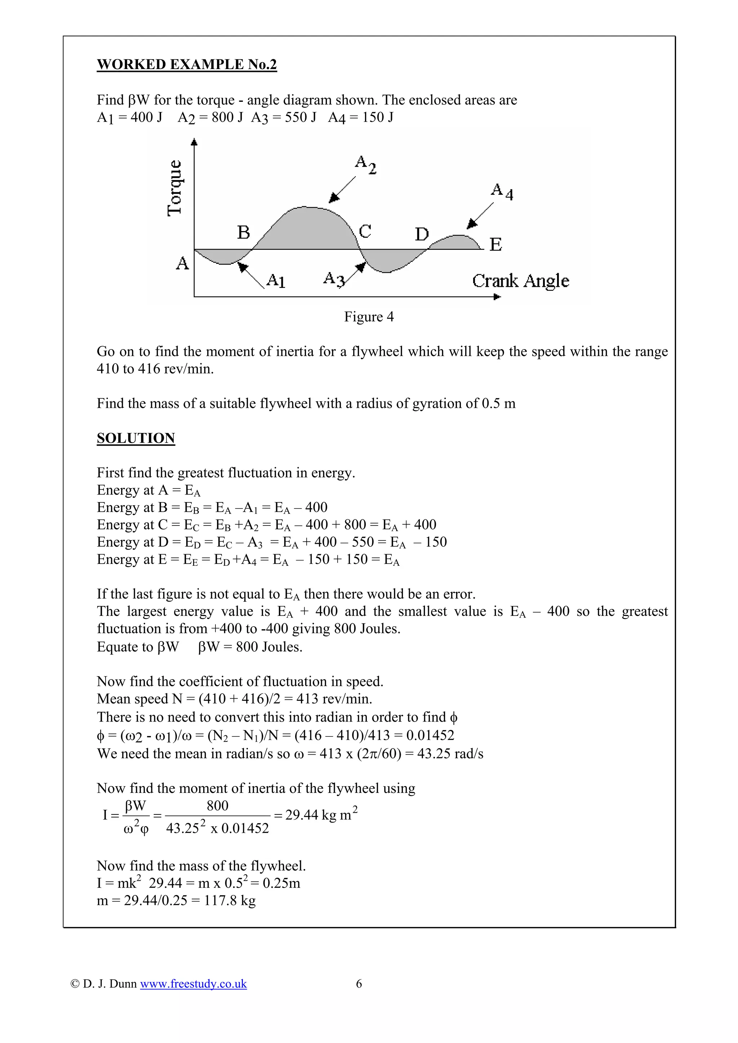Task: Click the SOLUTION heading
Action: [x=135, y=438]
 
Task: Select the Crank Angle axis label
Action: [x=520, y=281]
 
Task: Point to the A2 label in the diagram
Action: [x=366, y=164]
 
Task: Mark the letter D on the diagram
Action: [x=422, y=234]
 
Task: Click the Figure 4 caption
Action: [x=368, y=317]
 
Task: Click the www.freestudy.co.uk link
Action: [x=193, y=984]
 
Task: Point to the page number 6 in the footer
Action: [x=359, y=984]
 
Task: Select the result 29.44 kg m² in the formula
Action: [x=321, y=815]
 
